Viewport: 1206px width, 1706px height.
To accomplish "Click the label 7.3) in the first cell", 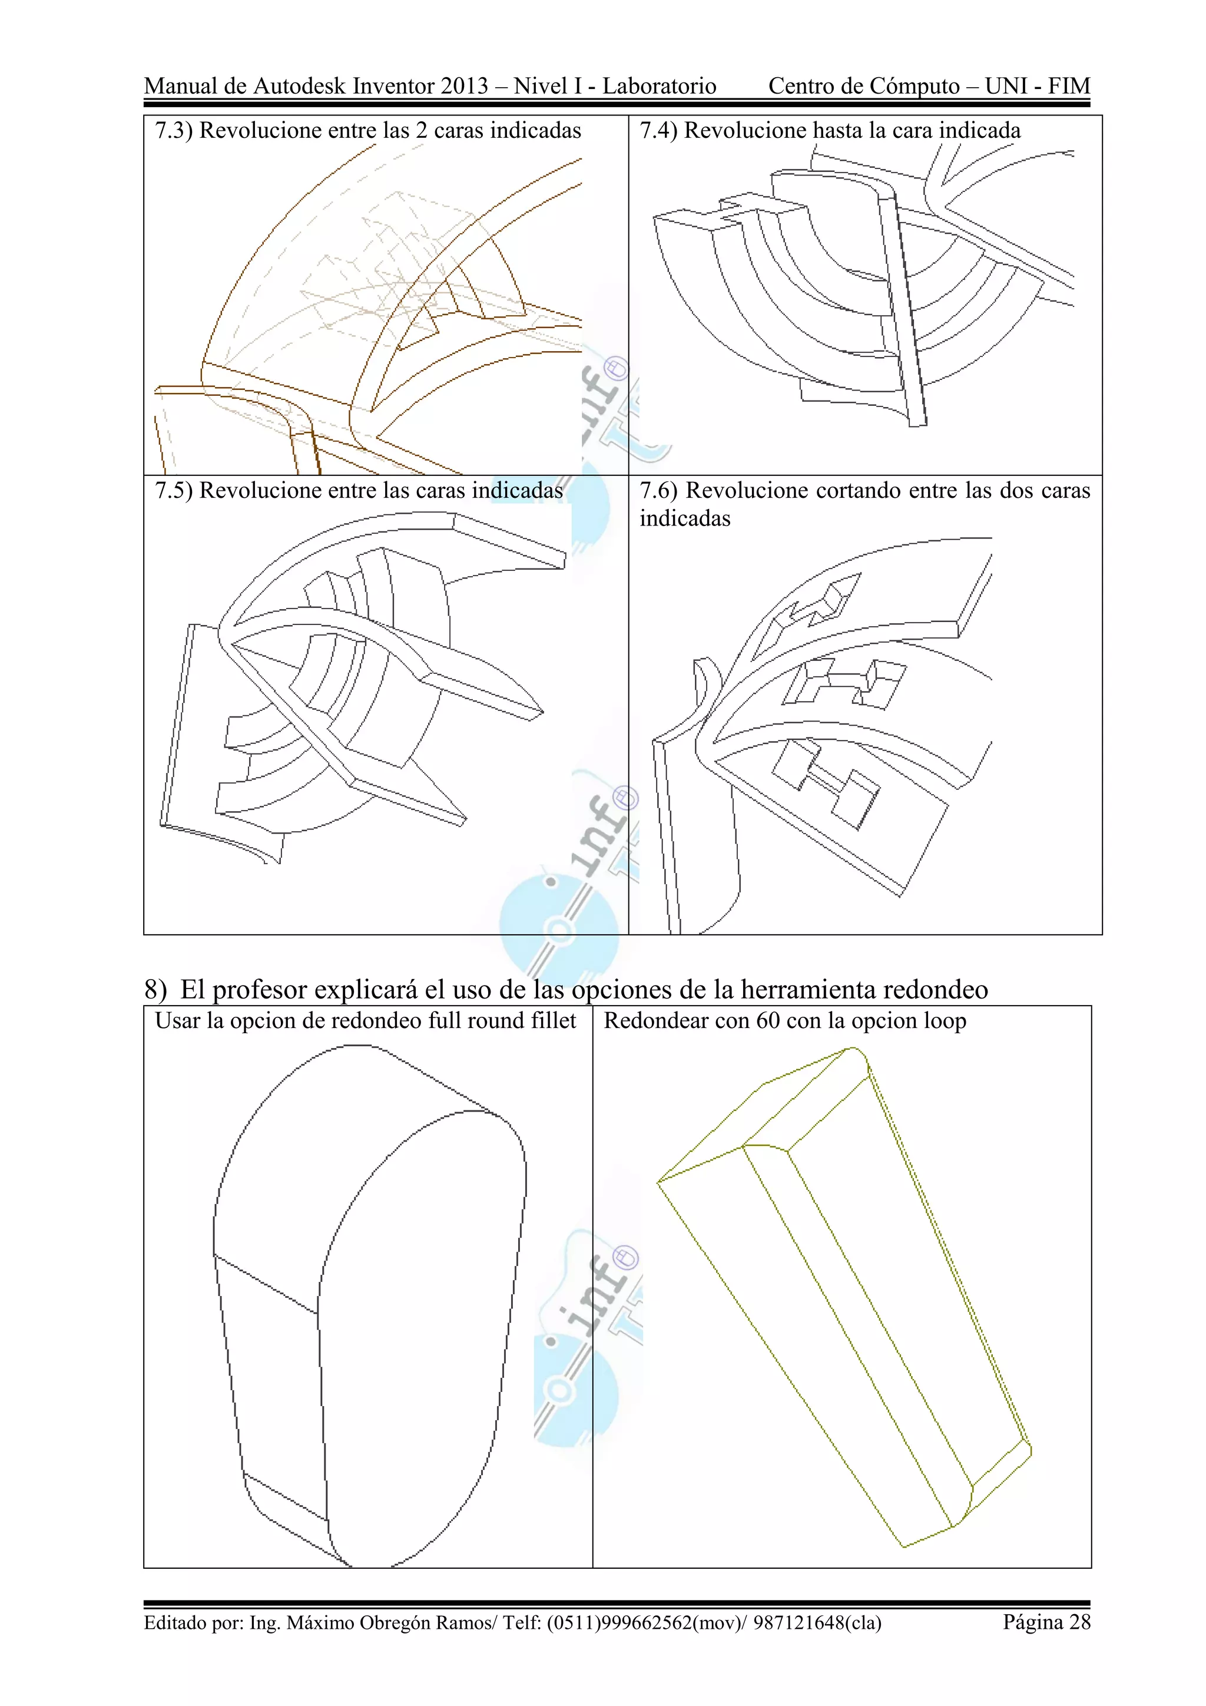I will [174, 131].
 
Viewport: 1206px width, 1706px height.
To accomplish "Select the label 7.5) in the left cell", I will [174, 491].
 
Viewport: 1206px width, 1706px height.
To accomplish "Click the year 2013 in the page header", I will [464, 86].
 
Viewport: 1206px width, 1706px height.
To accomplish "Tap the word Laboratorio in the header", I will [659, 86].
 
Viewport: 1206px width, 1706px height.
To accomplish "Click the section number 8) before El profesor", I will [155, 990].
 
